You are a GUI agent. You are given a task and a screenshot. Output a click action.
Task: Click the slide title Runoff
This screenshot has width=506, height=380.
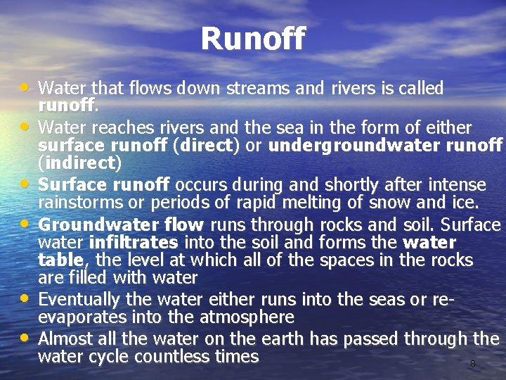(253, 39)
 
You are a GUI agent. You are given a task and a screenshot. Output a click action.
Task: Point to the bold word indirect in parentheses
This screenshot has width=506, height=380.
(79, 164)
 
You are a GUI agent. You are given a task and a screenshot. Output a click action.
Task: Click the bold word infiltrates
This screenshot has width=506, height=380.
(134, 243)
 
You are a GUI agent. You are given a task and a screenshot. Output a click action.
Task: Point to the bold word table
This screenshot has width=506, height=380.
(60, 260)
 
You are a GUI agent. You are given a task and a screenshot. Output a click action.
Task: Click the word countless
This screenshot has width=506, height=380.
(172, 357)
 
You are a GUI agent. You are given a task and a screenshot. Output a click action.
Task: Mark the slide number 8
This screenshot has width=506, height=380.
(472, 365)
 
